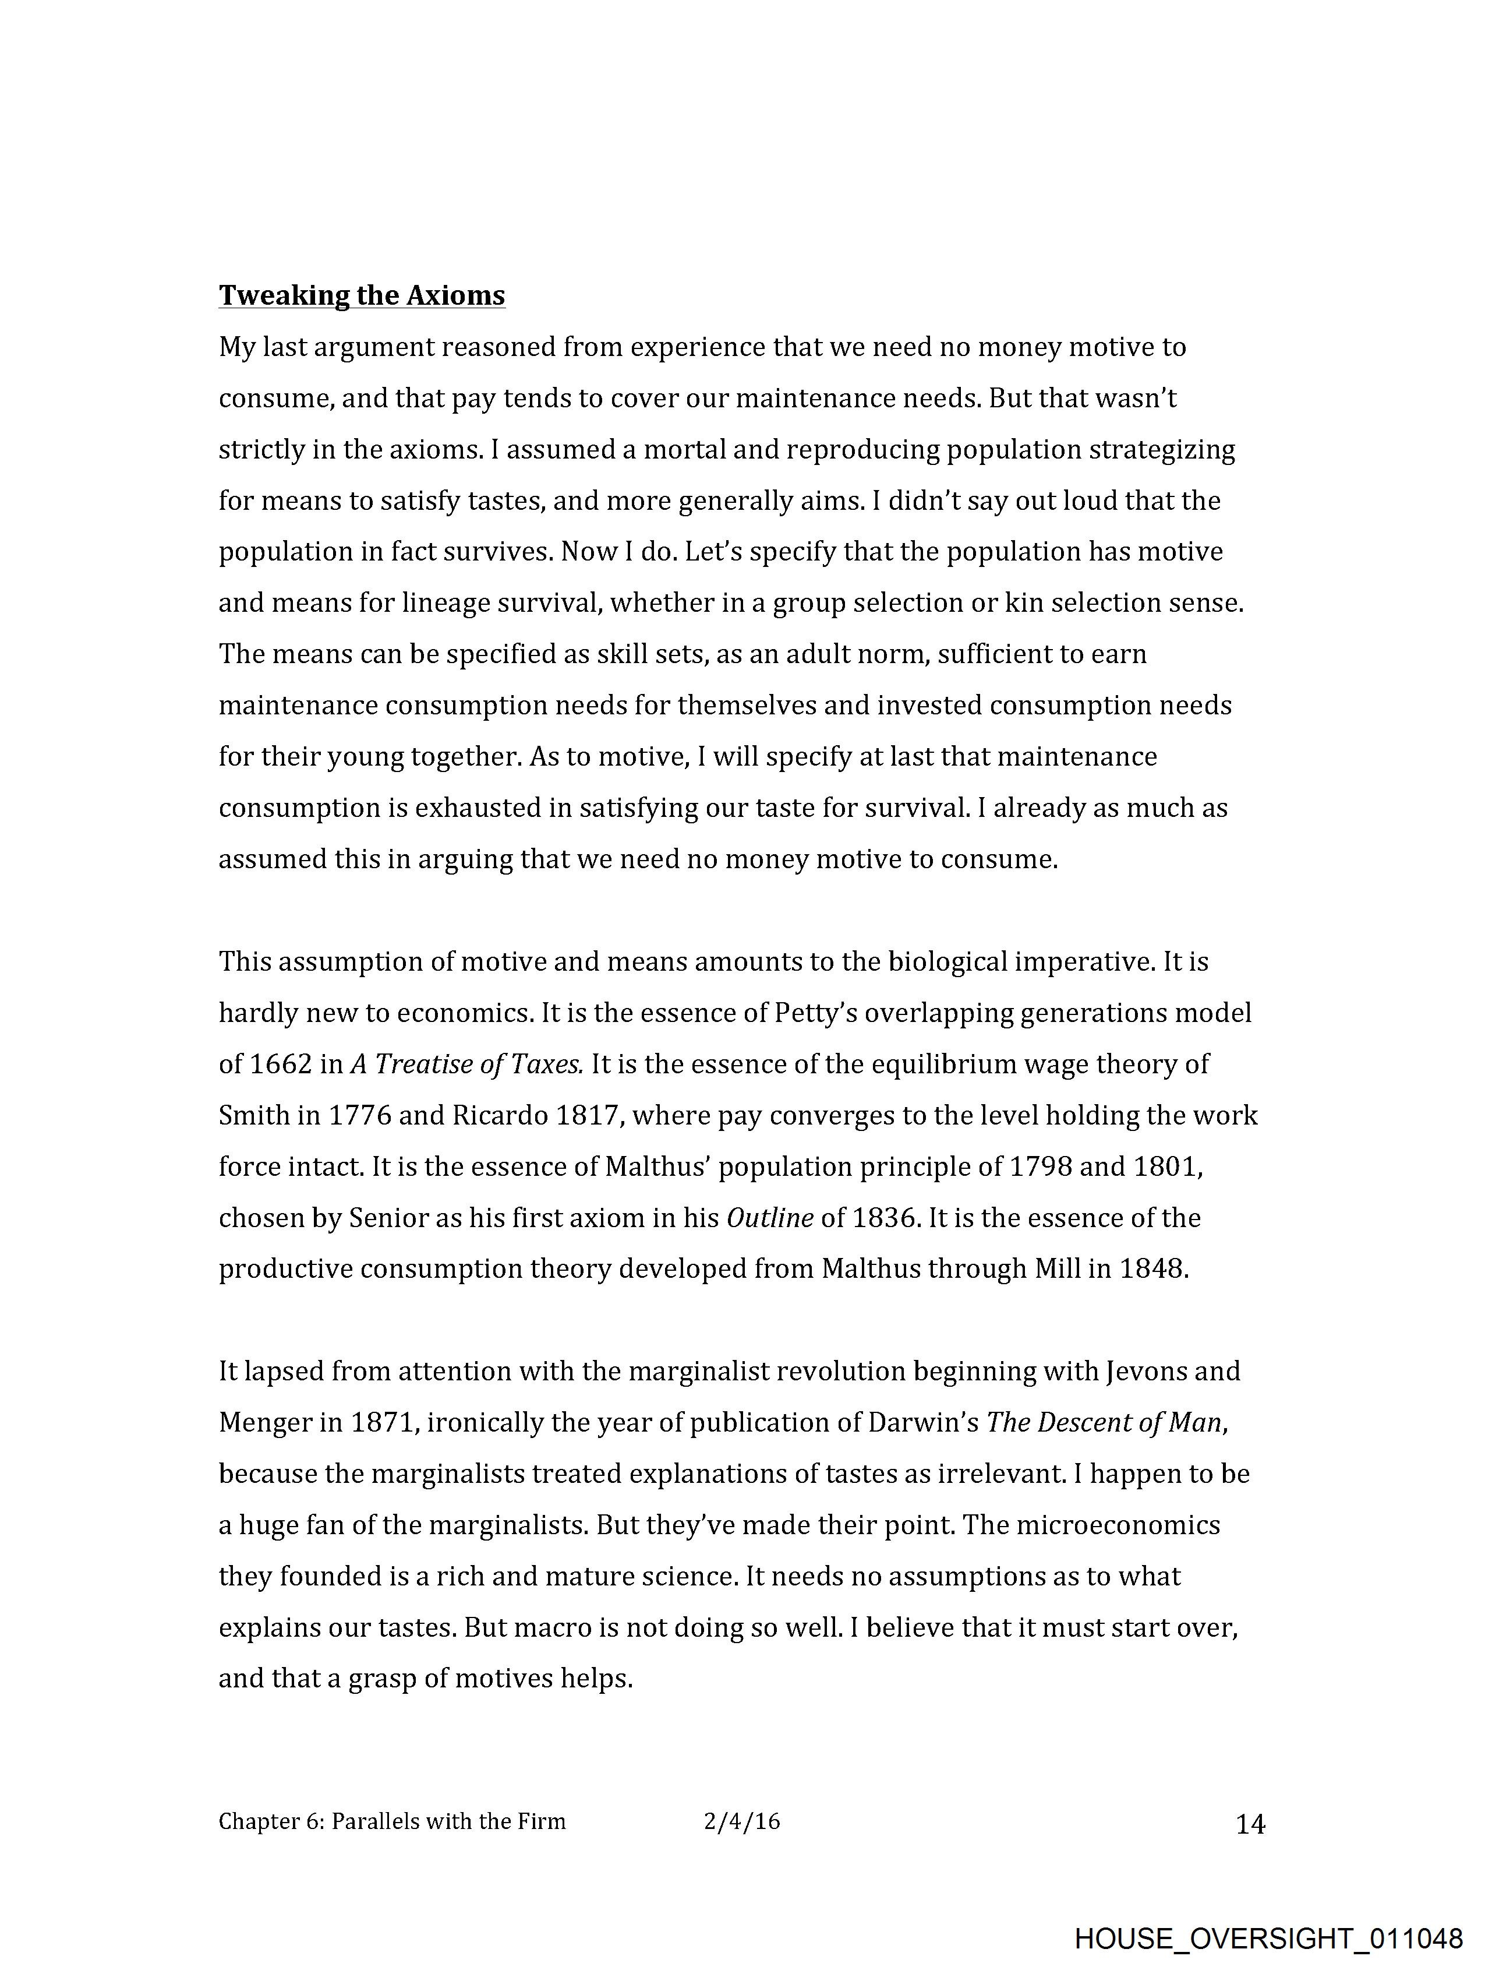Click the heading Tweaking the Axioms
click(x=362, y=295)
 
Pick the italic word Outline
click(x=769, y=1218)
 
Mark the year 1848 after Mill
click(x=1151, y=1269)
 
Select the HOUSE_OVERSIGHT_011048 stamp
click(x=1268, y=1938)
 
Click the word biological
click(x=947, y=962)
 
